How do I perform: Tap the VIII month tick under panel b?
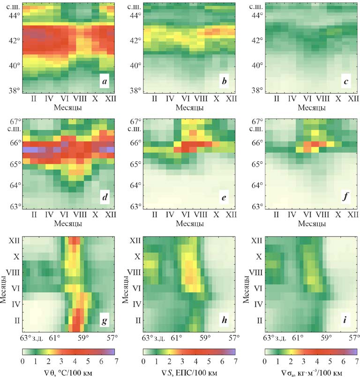click(x=201, y=100)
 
